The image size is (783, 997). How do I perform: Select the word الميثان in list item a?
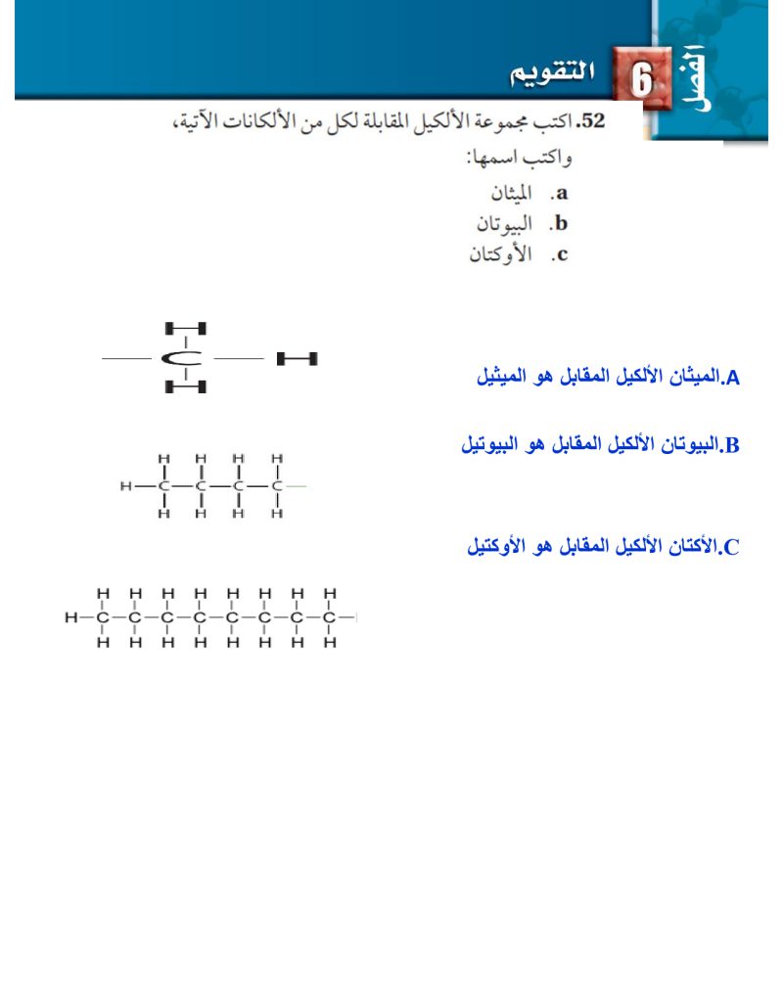[x=511, y=192]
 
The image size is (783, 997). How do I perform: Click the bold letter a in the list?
[x=562, y=193]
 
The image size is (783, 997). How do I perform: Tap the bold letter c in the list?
[x=561, y=256]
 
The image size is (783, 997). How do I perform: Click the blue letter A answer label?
[x=733, y=377]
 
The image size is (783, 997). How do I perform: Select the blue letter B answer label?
[x=733, y=446]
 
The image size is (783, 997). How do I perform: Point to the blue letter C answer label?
[x=732, y=547]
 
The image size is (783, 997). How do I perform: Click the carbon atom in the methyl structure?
[x=183, y=359]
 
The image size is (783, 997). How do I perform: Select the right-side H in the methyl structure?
[x=298, y=359]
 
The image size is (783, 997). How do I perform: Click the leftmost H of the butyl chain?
[x=125, y=485]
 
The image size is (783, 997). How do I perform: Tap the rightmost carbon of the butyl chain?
[x=277, y=485]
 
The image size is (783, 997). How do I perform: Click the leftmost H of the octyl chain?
[x=70, y=618]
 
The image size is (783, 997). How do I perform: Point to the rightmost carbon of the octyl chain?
[x=330, y=618]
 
